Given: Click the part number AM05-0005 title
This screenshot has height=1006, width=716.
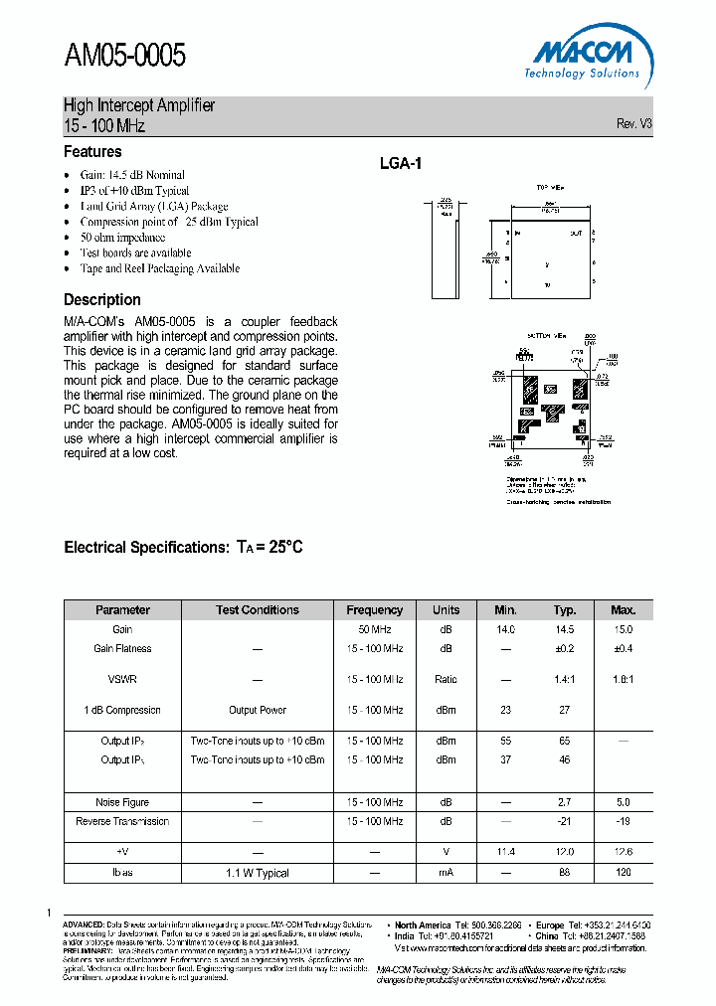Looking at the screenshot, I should click(124, 56).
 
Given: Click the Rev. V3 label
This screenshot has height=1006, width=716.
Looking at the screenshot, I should click(633, 124).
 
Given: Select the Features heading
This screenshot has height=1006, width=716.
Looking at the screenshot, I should click(92, 152).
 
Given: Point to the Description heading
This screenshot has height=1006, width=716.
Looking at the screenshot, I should click(102, 299).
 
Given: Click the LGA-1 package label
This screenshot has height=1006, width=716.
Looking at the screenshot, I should click(401, 164).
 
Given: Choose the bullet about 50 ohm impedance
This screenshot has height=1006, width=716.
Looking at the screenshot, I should click(122, 238).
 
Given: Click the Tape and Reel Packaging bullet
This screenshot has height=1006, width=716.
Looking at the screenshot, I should click(159, 268).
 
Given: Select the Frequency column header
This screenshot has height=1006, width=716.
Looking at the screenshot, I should click(374, 610).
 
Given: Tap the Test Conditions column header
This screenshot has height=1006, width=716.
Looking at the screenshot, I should click(258, 610).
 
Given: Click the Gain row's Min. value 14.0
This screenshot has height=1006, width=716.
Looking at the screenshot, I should click(505, 629).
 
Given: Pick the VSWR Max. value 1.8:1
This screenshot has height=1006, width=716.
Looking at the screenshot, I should click(623, 679).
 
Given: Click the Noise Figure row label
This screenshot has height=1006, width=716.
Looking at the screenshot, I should click(122, 802).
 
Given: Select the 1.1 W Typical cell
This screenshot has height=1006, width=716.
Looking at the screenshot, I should click(258, 873).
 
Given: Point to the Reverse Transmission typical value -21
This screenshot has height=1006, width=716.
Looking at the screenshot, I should click(565, 821).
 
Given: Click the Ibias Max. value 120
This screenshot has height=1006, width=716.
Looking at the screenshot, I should click(623, 873).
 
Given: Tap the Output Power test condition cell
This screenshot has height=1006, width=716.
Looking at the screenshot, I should click(258, 710).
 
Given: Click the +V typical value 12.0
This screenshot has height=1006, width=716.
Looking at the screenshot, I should click(565, 852).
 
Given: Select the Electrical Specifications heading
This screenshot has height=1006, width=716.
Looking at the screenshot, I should click(183, 547).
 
